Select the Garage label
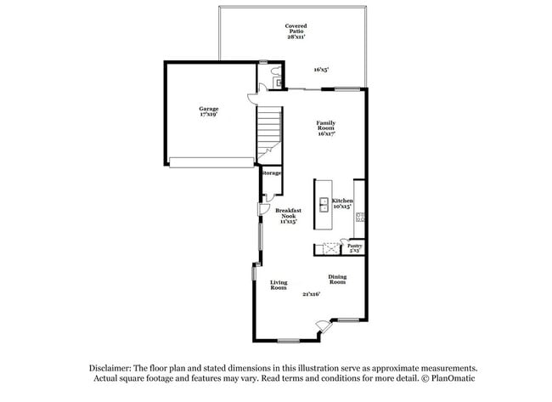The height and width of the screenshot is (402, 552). pyautogui.click(x=209, y=108)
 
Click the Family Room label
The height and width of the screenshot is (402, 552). pyautogui.click(x=325, y=125)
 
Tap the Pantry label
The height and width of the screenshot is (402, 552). pyautogui.click(x=355, y=246)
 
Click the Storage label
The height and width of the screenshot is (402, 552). pyautogui.click(x=271, y=173)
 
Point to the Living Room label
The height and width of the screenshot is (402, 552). pyautogui.click(x=279, y=285)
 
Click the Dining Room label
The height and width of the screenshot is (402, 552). pyautogui.click(x=337, y=279)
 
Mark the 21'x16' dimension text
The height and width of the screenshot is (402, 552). pyautogui.click(x=311, y=294)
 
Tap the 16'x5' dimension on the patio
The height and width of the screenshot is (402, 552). pyautogui.click(x=320, y=70)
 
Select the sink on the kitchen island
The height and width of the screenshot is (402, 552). pyautogui.click(x=324, y=204)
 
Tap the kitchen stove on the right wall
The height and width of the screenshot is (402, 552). pyautogui.click(x=360, y=216)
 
